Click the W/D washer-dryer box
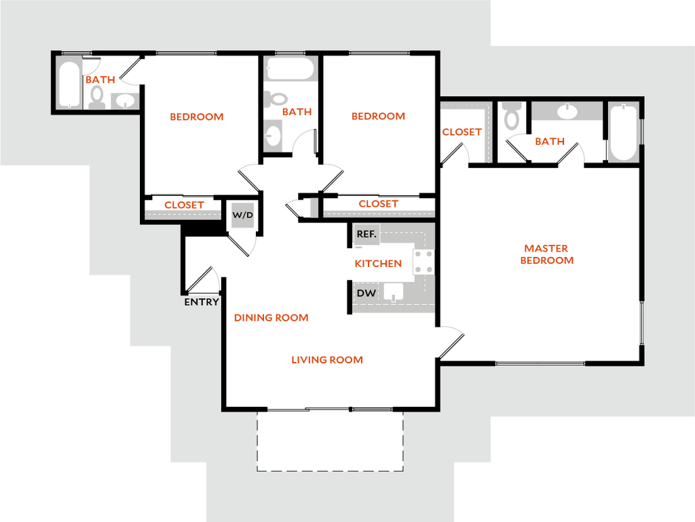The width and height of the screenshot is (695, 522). click(x=243, y=216)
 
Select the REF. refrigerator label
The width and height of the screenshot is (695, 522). click(x=367, y=235)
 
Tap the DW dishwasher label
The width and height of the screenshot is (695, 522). click(x=367, y=294)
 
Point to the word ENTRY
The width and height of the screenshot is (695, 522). click(x=202, y=302)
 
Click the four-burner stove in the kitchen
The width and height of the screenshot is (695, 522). click(x=424, y=262)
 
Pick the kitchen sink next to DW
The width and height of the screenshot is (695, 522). click(x=394, y=292)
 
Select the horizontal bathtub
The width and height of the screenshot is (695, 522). click(x=290, y=68)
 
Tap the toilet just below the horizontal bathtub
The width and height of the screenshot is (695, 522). click(x=273, y=99)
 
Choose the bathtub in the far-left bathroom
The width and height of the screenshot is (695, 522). click(x=70, y=84)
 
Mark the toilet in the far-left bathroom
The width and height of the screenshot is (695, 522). click(x=97, y=97)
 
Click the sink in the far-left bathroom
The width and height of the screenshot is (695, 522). click(x=125, y=101)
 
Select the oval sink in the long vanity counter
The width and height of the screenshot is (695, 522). click(x=567, y=111)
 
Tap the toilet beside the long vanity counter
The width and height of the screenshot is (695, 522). click(x=510, y=117)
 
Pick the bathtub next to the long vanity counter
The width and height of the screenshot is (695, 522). click(x=623, y=132)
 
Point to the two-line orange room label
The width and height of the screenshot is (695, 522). click(x=546, y=254)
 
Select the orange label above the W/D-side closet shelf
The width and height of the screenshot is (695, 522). click(x=184, y=204)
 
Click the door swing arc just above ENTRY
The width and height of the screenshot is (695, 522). click(x=215, y=275)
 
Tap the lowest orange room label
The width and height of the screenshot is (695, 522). click(x=327, y=359)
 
